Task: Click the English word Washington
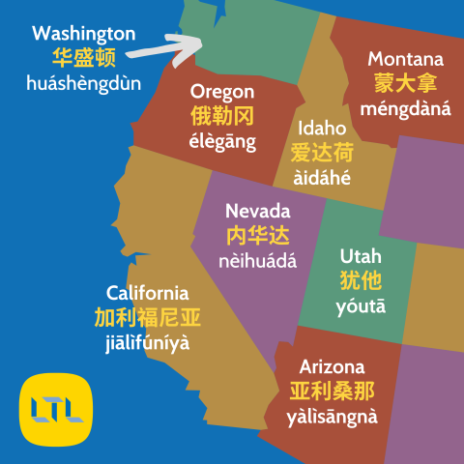click(x=84, y=34)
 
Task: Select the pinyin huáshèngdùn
click(x=84, y=83)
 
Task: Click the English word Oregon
click(x=222, y=92)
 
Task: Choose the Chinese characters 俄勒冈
click(x=222, y=117)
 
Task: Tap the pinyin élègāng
click(x=222, y=143)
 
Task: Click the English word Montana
click(x=406, y=59)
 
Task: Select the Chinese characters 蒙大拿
click(x=406, y=83)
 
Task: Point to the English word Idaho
click(x=322, y=128)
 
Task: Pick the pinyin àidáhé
click(x=322, y=178)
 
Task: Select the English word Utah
click(x=361, y=256)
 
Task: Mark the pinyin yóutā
click(x=361, y=306)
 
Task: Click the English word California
click(x=148, y=293)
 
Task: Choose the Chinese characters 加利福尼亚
click(x=148, y=318)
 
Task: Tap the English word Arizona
click(x=332, y=367)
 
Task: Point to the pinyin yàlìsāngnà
click(x=332, y=418)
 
